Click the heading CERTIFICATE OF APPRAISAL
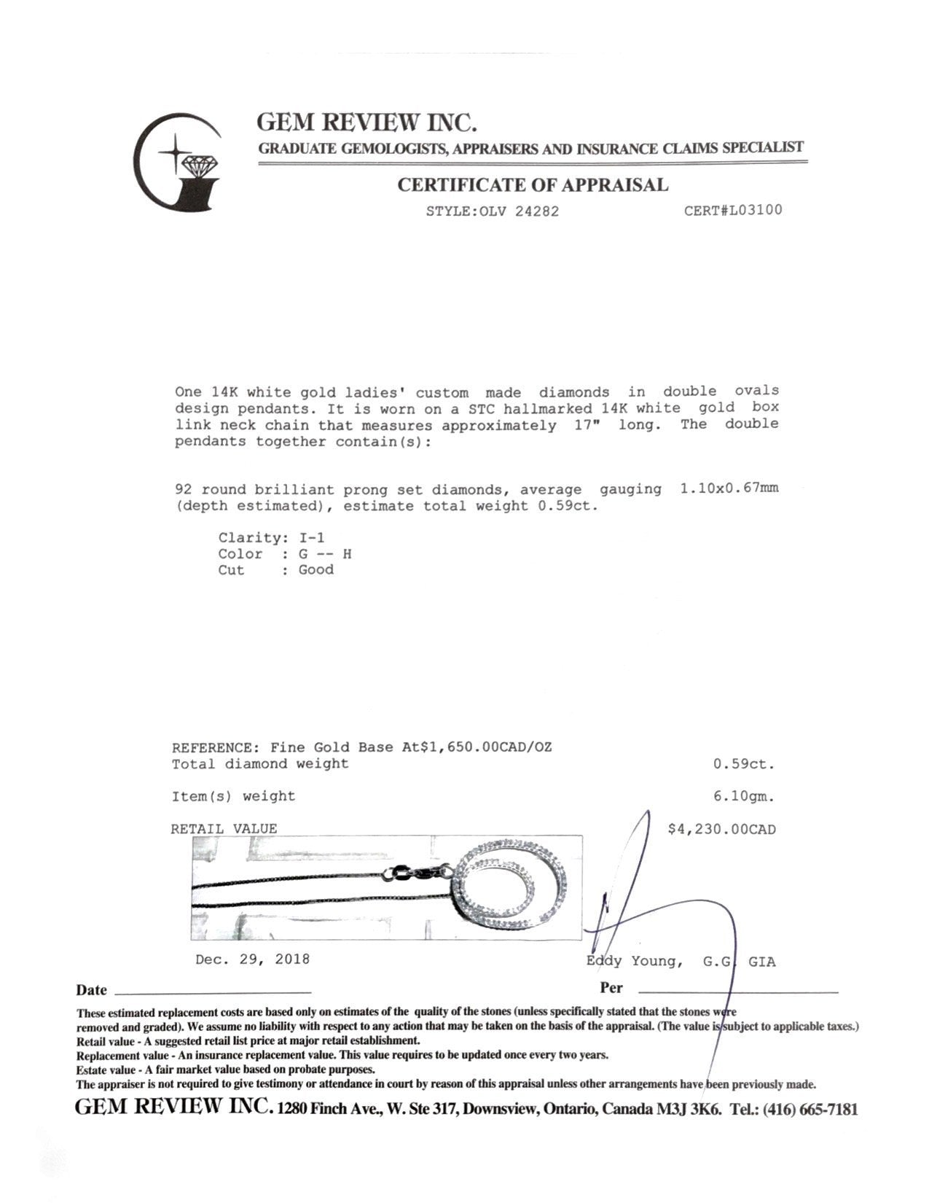tap(532, 185)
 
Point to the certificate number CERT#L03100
tap(733, 211)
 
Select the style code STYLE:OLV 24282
tap(493, 212)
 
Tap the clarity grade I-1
tap(312, 538)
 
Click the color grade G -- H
tap(325, 554)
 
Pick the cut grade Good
tap(315, 570)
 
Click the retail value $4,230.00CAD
tap(721, 830)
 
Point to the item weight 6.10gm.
tap(744, 797)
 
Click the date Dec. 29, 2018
tap(252, 959)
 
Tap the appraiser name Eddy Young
tap(634, 962)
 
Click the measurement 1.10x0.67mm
tap(729, 488)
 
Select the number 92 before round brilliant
tap(184, 490)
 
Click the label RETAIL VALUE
tap(224, 829)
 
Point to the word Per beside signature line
tap(611, 988)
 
